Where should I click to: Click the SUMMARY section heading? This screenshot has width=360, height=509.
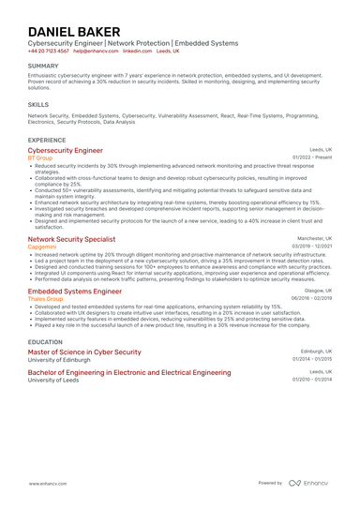pos(43,66)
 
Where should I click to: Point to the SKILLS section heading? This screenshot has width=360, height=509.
pos(38,105)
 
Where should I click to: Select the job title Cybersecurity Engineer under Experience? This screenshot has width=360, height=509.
pos(66,150)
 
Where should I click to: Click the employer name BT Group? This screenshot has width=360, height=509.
pos(40,157)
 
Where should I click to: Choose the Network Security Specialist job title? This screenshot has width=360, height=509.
pos(78,239)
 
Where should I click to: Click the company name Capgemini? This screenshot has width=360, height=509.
pos(42,247)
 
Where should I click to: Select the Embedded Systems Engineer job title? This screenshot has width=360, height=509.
pos(75,292)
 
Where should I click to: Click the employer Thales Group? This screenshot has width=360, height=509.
pos(46,299)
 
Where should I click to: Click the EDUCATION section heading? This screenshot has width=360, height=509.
pos(45,342)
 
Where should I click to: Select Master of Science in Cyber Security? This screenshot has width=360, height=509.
pos(84,352)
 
